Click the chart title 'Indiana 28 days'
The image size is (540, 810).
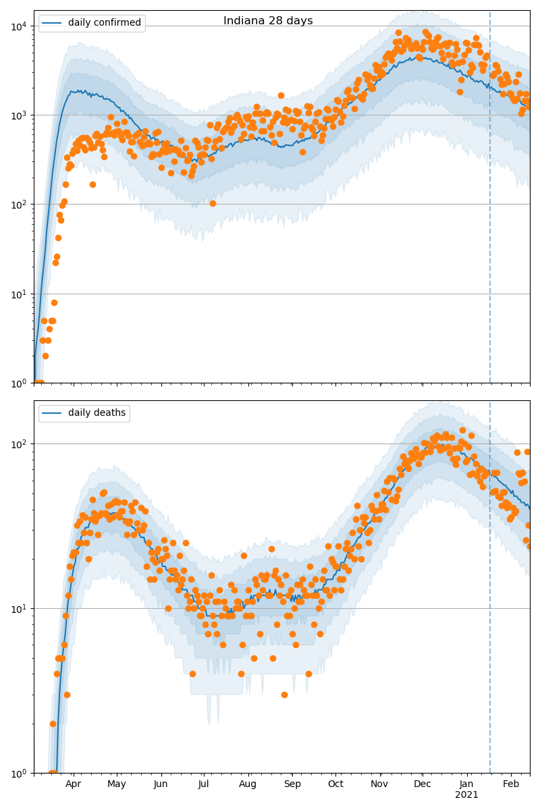[x=268, y=21]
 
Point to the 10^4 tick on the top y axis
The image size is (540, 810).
[x=18, y=26]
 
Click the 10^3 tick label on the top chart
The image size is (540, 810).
[x=18, y=115]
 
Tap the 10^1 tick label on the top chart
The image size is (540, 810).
[x=18, y=294]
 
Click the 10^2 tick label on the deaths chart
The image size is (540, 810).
[x=18, y=443]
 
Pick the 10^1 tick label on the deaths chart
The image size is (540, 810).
[x=18, y=608]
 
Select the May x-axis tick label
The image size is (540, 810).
[x=116, y=784]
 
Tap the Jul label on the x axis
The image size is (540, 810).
[x=204, y=784]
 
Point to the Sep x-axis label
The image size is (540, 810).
[x=292, y=784]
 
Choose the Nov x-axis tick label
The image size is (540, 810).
[x=379, y=784]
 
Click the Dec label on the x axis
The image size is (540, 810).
[x=423, y=784]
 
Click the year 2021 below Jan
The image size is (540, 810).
[x=466, y=795]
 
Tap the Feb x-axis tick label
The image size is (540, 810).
[x=511, y=784]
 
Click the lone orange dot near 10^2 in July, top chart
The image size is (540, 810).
[x=213, y=203]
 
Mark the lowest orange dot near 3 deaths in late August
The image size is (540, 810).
[x=284, y=695]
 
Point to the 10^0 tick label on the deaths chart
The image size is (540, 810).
[x=18, y=772]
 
